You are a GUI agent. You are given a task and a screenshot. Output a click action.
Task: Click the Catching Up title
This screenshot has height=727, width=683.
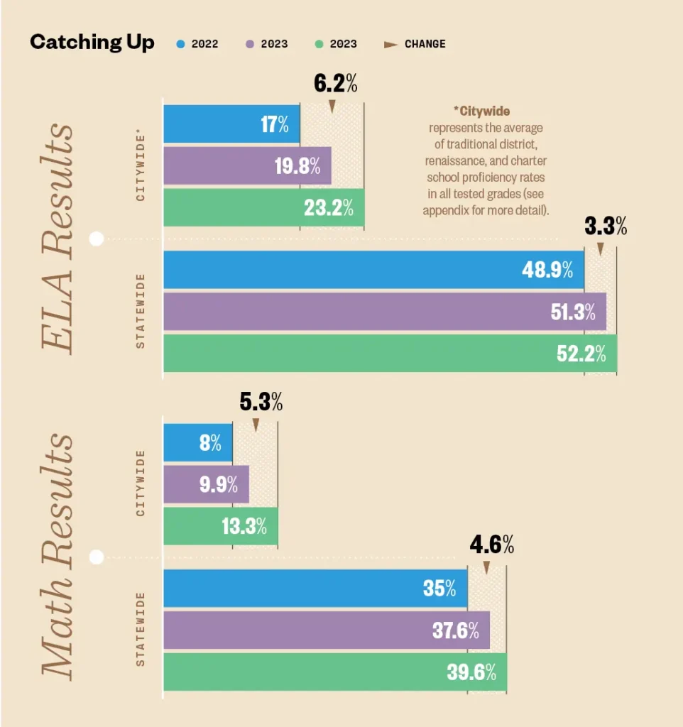(92, 43)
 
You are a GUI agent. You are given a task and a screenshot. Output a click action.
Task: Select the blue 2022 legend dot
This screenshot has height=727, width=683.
(180, 44)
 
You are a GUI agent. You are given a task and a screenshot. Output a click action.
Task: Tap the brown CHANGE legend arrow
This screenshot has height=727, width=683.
(390, 44)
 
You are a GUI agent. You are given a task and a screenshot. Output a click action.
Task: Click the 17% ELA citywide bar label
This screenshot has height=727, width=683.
(275, 125)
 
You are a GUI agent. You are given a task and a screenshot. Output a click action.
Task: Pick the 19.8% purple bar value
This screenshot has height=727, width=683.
(297, 167)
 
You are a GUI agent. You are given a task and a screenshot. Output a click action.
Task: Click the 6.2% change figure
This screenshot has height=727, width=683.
(335, 84)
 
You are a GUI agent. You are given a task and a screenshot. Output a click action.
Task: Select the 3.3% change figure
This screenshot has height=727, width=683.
(606, 227)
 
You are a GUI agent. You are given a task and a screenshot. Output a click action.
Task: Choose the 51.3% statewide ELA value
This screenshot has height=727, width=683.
(573, 312)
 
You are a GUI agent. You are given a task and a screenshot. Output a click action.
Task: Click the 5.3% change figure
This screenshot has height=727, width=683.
(261, 403)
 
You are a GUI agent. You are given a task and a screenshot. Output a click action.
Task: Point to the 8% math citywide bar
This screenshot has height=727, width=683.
(210, 444)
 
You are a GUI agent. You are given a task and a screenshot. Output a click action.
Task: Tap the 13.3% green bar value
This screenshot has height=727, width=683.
(244, 526)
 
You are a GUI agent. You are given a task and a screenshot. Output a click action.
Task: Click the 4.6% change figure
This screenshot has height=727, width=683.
(491, 545)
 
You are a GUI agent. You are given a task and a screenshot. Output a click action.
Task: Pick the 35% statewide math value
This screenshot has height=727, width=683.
(439, 589)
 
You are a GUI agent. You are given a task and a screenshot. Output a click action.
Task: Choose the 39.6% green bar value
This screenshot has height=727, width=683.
(471, 672)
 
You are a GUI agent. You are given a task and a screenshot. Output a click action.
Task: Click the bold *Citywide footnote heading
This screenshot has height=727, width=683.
(482, 111)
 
